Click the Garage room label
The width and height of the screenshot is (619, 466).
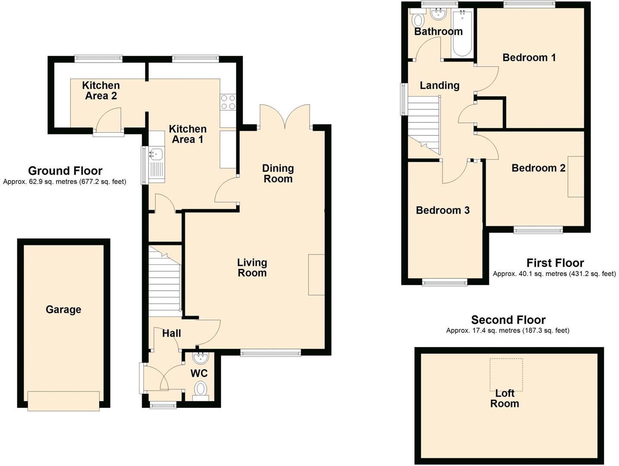(63, 309)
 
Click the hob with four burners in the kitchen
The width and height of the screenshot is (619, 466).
(228, 102)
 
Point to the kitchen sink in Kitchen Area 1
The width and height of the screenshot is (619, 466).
(156, 153)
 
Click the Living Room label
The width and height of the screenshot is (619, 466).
(252, 268)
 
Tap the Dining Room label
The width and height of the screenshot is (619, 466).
(278, 173)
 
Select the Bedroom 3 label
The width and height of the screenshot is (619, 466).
(442, 210)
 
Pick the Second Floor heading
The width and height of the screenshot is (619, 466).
(508, 320)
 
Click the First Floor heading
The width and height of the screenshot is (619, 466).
(555, 263)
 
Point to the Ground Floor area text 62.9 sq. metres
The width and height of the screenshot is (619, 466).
(64, 182)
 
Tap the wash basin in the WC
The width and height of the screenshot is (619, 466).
(200, 358)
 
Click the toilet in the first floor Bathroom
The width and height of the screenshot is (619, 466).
(418, 20)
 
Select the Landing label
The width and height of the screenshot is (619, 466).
(439, 85)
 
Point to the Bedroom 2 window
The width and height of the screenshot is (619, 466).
(538, 230)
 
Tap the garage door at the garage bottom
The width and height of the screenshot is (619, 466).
(63, 401)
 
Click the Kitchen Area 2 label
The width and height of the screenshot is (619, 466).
(101, 91)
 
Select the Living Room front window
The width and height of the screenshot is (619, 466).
(270, 353)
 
